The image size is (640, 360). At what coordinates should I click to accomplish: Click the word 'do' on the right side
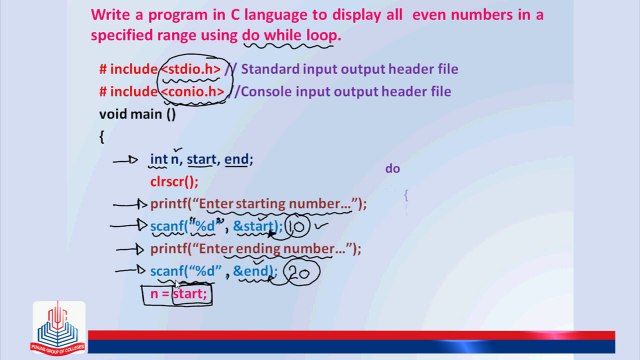[393, 169]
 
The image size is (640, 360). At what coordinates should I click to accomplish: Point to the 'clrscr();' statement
[174, 181]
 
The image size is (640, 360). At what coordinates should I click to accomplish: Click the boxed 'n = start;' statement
[179, 294]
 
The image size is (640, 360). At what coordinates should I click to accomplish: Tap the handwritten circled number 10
[299, 227]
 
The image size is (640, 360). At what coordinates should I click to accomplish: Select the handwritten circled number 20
[298, 272]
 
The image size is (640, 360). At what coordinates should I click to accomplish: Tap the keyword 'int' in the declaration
[158, 159]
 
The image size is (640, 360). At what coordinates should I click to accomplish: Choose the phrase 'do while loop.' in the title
[291, 35]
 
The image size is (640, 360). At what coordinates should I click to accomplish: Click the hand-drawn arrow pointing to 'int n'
[125, 159]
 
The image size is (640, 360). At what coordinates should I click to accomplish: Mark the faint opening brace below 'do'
[407, 196]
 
